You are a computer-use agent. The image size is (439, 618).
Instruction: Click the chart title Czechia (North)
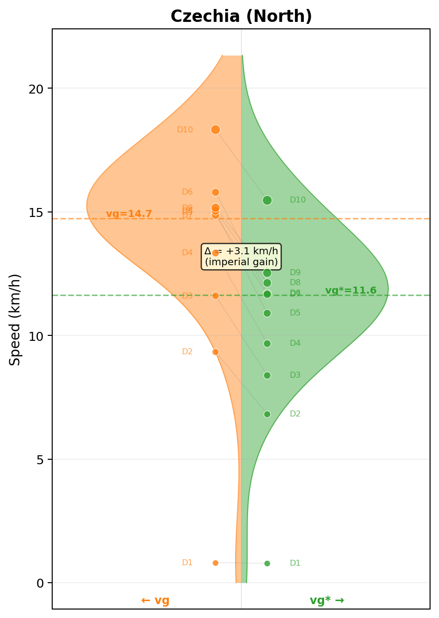pos(241,16)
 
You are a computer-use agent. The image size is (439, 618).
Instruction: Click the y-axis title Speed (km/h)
pos(15,319)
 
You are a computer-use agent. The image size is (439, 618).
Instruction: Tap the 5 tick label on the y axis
pos(41,460)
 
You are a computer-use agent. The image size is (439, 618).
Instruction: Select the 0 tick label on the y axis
pos(41,583)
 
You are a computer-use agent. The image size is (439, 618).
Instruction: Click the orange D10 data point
pos(215,130)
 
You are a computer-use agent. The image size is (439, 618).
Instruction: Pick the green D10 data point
pos(267,200)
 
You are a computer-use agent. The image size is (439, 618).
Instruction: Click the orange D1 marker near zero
pos(215,563)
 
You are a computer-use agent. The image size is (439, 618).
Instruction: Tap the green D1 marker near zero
pos(267,563)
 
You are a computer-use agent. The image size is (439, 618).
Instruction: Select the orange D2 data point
pos(215,352)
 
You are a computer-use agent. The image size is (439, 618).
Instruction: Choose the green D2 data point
pos(267,414)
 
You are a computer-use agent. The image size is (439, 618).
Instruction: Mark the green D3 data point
pos(267,375)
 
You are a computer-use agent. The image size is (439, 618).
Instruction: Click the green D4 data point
pos(267,343)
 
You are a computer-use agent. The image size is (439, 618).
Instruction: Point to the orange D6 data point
pos(215,192)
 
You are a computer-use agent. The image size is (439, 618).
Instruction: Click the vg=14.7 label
pos(129,214)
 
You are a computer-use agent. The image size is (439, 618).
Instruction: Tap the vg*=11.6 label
pos(351,291)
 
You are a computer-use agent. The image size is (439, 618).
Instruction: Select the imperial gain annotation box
pos(241,256)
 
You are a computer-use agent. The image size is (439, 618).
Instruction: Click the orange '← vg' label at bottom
pos(155,601)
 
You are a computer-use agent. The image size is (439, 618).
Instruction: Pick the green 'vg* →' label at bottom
pos(327,601)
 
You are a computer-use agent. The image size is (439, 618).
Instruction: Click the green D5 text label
pos(295,313)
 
